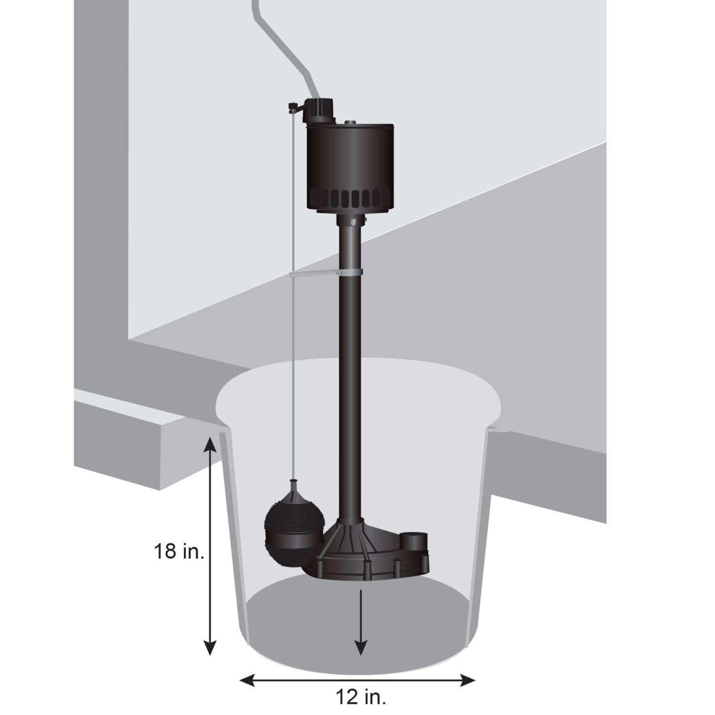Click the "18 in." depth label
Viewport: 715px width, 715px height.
click(179, 552)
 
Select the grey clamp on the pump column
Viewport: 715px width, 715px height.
click(350, 273)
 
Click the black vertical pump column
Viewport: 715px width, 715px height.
click(350, 381)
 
